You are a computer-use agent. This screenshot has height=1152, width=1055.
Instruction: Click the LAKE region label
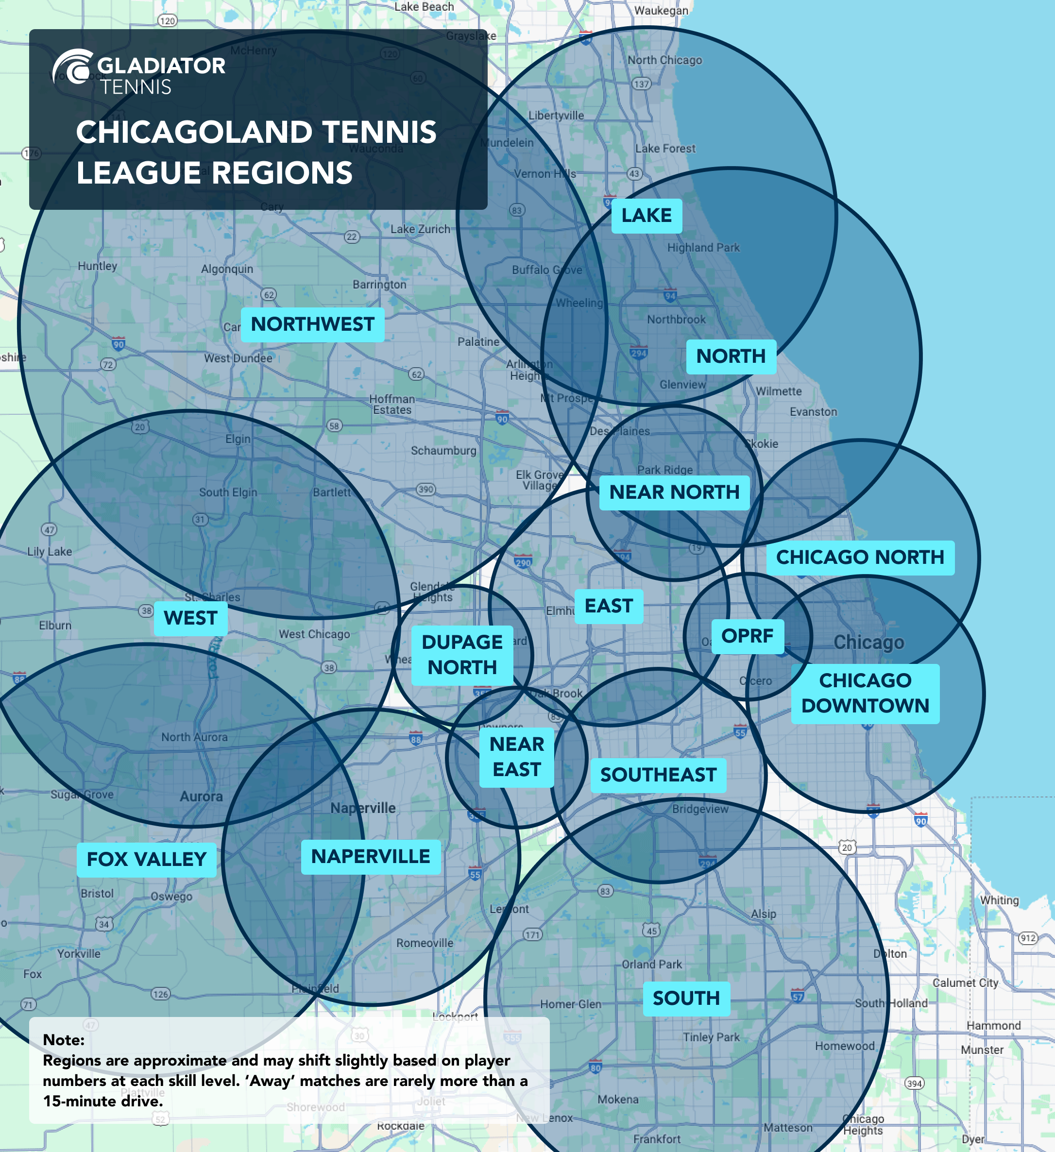[x=647, y=216]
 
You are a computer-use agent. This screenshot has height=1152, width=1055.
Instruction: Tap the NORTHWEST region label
[x=312, y=324]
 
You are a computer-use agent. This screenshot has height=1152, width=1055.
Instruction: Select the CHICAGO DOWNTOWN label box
[x=865, y=693]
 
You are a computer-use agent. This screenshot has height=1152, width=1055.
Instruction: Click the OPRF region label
[x=747, y=636]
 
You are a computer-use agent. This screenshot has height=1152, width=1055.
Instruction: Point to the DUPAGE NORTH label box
[x=462, y=655]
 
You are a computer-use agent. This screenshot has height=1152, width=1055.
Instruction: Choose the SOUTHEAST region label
[x=658, y=775]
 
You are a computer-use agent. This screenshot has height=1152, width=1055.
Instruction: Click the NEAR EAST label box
[x=517, y=757]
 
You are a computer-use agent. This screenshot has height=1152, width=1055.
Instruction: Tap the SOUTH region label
[x=686, y=998]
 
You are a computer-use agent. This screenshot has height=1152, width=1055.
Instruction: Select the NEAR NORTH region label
[x=674, y=492]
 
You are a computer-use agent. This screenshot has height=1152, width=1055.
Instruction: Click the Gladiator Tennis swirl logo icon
[x=72, y=68]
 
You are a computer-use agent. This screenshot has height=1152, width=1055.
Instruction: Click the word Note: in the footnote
[x=64, y=1039]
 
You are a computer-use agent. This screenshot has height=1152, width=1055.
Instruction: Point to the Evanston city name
[x=813, y=412]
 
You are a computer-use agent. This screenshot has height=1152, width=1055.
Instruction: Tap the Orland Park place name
[x=651, y=965]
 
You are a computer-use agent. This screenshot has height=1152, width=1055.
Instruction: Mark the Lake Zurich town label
[x=420, y=229]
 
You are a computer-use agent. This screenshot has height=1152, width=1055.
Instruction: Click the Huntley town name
[x=97, y=266]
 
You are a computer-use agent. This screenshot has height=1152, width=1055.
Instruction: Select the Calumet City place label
[x=965, y=983]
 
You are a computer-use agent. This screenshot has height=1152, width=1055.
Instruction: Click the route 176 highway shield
[x=32, y=153]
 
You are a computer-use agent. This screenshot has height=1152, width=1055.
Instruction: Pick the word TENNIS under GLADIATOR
[x=136, y=87]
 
